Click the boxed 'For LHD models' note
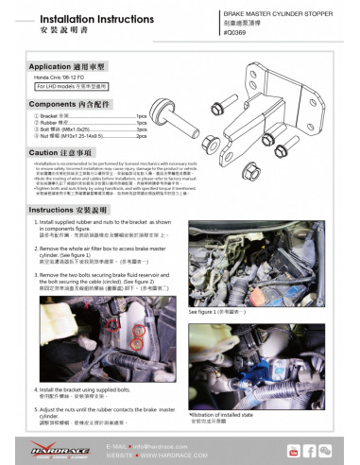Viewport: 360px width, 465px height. pos(73,90)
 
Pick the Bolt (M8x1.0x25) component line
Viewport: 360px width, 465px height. pos(66,129)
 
